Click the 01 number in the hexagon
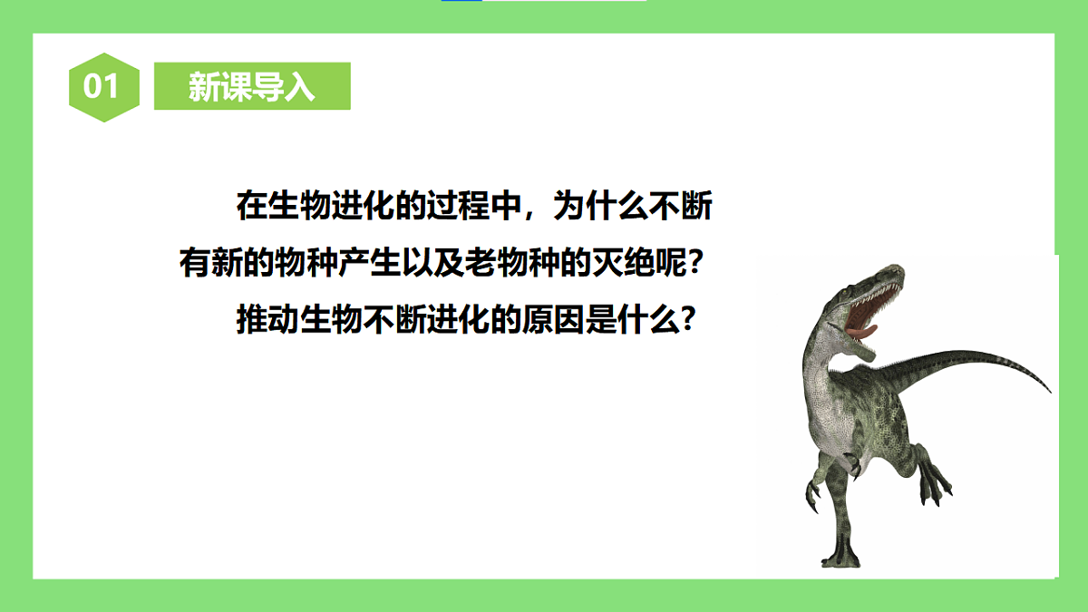point(102,86)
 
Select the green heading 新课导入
point(252,86)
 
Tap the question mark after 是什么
point(689,320)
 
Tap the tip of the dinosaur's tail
point(1048,391)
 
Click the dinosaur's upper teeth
point(875,295)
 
